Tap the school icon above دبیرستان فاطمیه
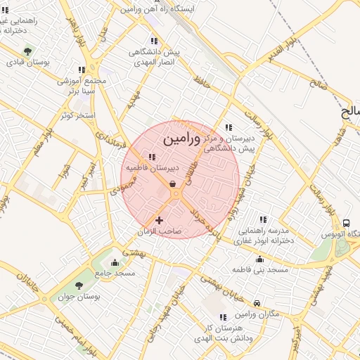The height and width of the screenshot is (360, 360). (x=152, y=157)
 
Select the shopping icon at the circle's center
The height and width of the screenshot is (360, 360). (x=173, y=184)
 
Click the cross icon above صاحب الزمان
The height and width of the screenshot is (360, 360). (x=159, y=221)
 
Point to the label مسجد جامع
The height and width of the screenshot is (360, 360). (x=119, y=273)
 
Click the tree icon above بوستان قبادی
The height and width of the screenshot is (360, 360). (x=27, y=51)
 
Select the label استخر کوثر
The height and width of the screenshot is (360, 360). (x=77, y=114)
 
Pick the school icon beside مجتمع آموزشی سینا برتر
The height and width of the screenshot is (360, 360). (x=82, y=70)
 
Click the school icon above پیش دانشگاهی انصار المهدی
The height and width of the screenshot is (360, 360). (x=154, y=40)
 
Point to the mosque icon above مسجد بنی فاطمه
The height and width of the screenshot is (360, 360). (x=260, y=259)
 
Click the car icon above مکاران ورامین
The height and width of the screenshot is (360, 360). (x=257, y=303)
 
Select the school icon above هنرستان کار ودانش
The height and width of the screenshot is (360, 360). (x=223, y=318)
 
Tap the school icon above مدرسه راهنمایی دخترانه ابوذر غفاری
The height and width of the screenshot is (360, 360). (x=264, y=219)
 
